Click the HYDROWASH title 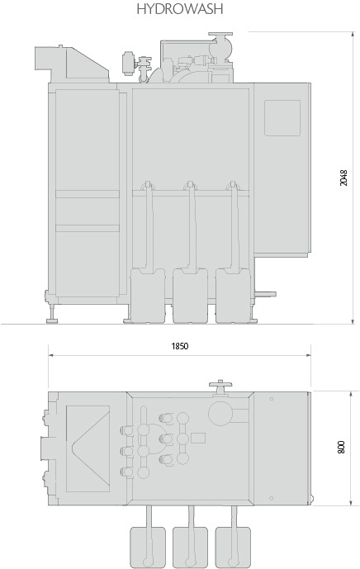pyautogui.click(x=180, y=9)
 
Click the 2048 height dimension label pyautogui.click(x=343, y=178)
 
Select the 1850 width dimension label pyautogui.click(x=180, y=346)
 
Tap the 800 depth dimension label pyautogui.click(x=341, y=447)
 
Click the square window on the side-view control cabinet pyautogui.click(x=282, y=118)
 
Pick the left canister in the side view pyautogui.click(x=148, y=296)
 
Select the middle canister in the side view pyautogui.click(x=190, y=296)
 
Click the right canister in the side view pyautogui.click(x=233, y=296)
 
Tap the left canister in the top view pyautogui.click(x=148, y=548)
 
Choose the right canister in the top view pyautogui.click(x=233, y=548)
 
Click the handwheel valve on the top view pyautogui.click(x=220, y=387)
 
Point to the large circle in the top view pyautogui.click(x=220, y=413)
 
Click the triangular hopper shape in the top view pyautogui.click(x=88, y=448)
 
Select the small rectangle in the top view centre pyautogui.click(x=198, y=438)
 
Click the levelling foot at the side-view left pyautogui.click(x=53, y=315)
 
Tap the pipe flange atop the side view pyautogui.click(x=220, y=35)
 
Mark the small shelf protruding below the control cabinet pyautogui.click(x=265, y=294)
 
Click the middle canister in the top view pyautogui.click(x=190, y=548)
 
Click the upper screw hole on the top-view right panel pyautogui.click(x=271, y=399)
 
